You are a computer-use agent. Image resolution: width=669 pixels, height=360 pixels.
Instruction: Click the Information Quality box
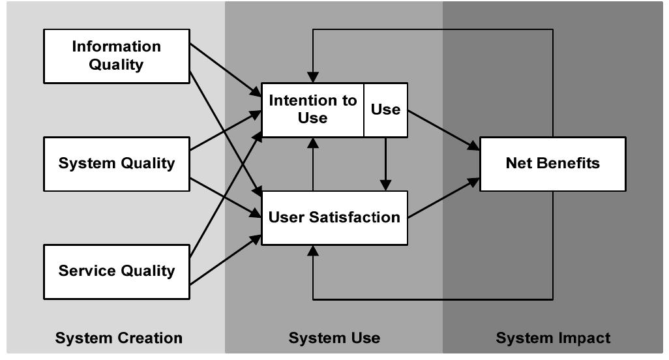117,56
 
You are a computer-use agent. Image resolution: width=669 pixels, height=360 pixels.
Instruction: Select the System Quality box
117,164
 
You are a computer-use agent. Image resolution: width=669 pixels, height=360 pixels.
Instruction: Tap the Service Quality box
117,271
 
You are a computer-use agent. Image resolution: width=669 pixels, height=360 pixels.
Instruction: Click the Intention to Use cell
313,110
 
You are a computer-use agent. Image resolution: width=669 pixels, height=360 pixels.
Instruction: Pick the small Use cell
385,110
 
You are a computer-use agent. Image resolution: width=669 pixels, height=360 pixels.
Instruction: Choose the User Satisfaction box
334,218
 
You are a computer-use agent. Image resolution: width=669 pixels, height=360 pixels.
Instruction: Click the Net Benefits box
552,164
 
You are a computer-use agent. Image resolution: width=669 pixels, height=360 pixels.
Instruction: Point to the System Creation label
119,338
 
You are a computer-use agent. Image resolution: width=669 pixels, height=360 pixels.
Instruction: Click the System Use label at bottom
334,338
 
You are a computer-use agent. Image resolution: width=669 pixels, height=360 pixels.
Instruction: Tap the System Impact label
553,338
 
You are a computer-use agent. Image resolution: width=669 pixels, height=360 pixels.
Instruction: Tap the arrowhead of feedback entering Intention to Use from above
314,77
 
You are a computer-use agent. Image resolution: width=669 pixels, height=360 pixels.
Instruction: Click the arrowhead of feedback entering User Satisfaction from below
314,251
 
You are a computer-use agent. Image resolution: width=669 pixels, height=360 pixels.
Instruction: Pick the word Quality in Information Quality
117,65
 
